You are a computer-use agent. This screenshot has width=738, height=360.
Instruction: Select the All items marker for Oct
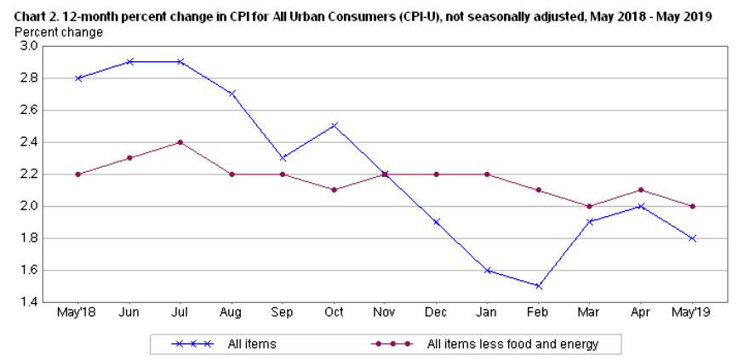pyautogui.click(x=334, y=125)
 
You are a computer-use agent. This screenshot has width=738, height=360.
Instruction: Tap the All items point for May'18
pyautogui.click(x=77, y=77)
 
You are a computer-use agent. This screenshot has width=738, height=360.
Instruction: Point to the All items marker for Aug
pyautogui.click(x=232, y=94)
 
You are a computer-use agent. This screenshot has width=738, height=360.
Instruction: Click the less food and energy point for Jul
pyautogui.click(x=180, y=142)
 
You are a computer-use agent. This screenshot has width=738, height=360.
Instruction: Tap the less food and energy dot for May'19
pyautogui.click(x=693, y=206)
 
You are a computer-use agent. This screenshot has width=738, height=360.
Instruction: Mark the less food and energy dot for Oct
pyautogui.click(x=334, y=190)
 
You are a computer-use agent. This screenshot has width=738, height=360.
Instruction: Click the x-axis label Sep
pyautogui.click(x=283, y=313)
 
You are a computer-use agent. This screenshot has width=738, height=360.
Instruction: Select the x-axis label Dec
pyautogui.click(x=437, y=313)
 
